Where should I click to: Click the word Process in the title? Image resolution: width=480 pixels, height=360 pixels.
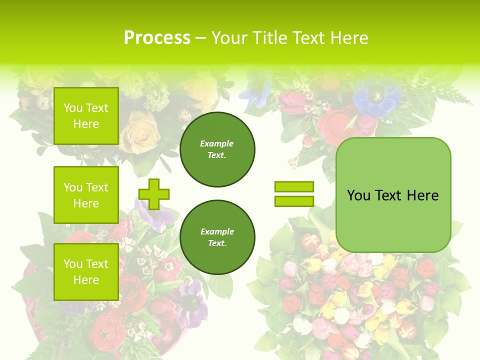157,38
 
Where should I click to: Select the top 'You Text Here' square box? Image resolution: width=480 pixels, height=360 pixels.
86,116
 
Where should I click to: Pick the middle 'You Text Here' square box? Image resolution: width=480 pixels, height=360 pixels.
86,195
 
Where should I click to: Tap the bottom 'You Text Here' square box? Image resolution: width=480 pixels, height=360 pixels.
86,271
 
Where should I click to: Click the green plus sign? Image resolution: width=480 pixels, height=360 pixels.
154,194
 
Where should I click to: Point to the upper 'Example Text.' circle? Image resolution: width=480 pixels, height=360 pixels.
217,149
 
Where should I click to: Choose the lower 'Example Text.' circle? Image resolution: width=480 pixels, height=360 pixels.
217,237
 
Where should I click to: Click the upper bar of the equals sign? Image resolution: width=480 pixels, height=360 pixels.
294,187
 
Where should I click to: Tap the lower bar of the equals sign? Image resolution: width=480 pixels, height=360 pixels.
294,201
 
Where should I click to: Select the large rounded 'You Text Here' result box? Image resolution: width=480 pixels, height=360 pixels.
393,194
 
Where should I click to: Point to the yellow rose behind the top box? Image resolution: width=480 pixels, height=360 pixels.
139,132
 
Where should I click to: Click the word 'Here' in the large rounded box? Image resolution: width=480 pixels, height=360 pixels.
422,195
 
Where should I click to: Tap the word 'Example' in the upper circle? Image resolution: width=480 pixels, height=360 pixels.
217,144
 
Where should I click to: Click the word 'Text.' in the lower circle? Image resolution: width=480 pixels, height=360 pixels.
217,243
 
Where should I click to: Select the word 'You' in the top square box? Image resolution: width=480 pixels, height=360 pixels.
73,108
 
